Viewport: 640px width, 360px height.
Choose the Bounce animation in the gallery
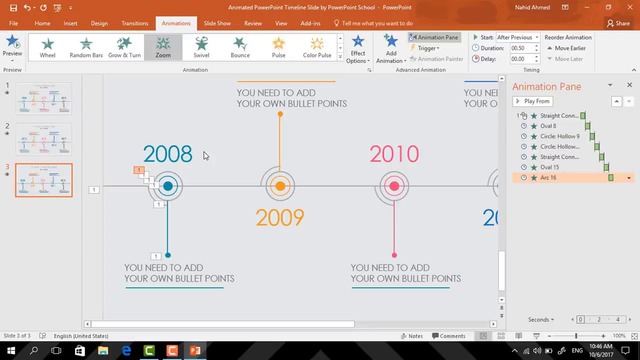[240, 47]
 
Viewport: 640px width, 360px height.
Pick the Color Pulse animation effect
[317, 47]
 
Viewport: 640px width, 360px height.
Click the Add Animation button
[391, 50]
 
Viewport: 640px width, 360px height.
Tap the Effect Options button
[357, 50]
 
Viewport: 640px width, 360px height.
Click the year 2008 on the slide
[167, 154]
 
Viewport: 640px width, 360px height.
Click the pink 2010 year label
[394, 154]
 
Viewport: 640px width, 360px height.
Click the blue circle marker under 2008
[168, 186]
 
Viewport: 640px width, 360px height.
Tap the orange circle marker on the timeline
[280, 186]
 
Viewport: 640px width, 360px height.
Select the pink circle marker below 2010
[394, 186]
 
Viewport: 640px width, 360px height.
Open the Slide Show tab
[216, 22]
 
